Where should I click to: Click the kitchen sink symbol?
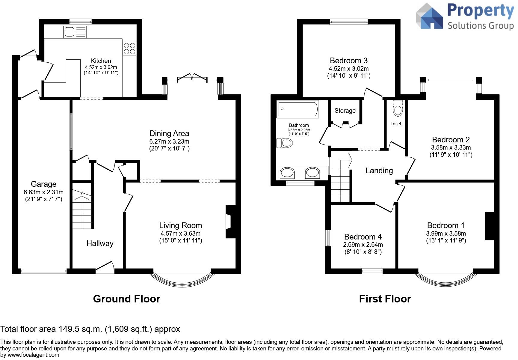point(75,32)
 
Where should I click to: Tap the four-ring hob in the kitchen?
point(129,49)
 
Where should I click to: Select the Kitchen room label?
point(101,61)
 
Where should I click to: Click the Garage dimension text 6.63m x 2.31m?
point(43,192)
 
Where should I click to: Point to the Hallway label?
point(100,243)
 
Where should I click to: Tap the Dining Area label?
point(169,133)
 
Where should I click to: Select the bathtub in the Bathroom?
point(298,109)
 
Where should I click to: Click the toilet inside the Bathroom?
point(284,143)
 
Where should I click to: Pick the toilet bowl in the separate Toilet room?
point(398,108)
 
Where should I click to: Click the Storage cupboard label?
point(345,111)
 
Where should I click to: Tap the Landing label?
point(379,171)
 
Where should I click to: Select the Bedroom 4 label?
point(363,237)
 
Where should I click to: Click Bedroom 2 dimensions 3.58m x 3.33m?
point(451,147)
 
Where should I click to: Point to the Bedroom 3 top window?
point(349,21)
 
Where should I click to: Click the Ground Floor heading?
point(126,299)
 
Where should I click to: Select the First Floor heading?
point(385,299)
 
